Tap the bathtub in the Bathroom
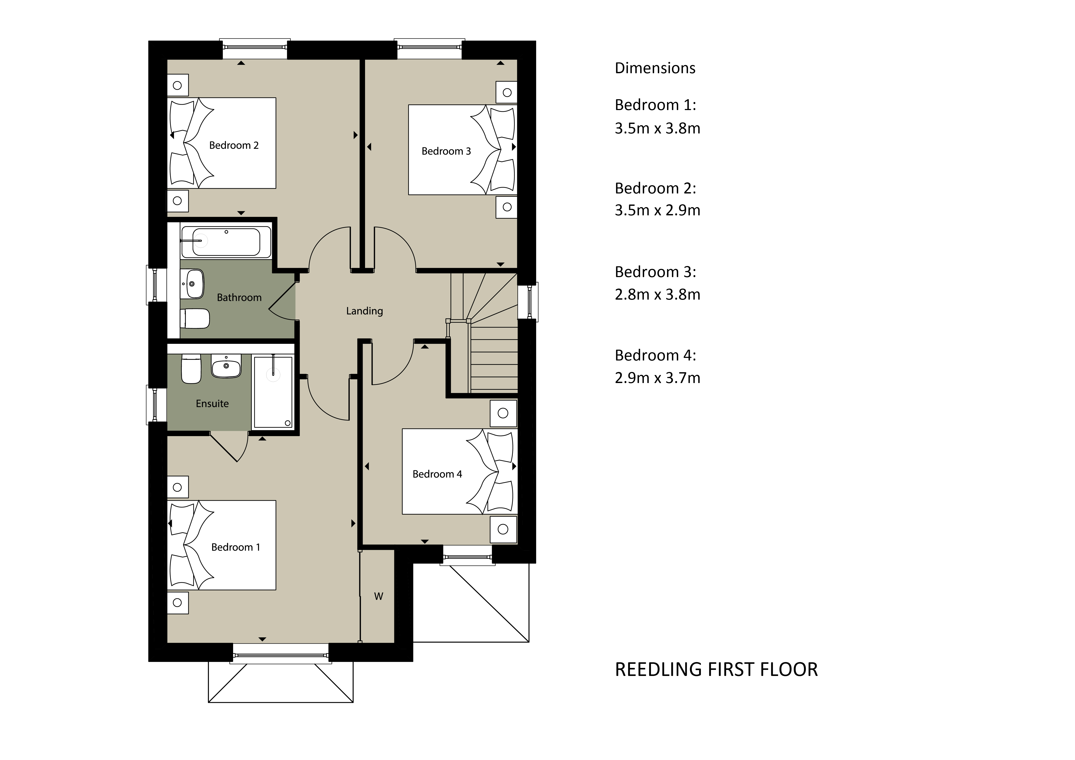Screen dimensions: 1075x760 226,242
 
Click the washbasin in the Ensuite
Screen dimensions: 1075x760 226,366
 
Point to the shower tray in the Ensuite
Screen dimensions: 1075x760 273,392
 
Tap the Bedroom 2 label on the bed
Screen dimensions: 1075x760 234,146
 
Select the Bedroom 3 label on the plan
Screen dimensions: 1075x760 446,151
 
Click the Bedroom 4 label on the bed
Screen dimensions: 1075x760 437,474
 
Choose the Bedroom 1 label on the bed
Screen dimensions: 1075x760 235,547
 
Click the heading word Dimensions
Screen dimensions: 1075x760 655,68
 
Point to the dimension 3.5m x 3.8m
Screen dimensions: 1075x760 657,128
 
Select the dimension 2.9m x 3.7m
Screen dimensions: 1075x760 657,378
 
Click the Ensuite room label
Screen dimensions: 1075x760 212,404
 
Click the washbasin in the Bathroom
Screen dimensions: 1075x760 192,284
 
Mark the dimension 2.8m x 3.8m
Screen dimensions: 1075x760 657,295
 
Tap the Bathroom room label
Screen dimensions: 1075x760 239,298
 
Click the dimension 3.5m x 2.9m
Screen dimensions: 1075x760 657,210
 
